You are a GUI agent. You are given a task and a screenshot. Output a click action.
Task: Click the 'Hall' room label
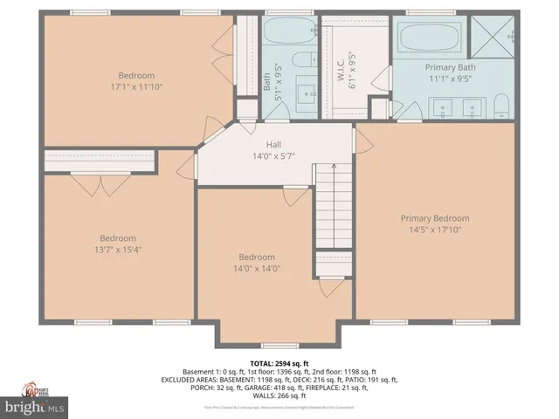tap(273, 145)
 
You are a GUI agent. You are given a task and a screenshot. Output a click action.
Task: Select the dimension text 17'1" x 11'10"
tap(136, 86)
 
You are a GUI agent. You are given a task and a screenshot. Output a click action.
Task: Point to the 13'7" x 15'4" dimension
tap(117, 250)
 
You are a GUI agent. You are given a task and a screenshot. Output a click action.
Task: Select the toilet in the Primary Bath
tap(501, 106)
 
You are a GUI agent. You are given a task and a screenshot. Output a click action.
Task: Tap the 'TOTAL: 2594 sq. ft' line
tap(279, 362)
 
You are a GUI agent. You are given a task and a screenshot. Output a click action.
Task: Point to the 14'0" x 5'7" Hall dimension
tap(273, 156)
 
